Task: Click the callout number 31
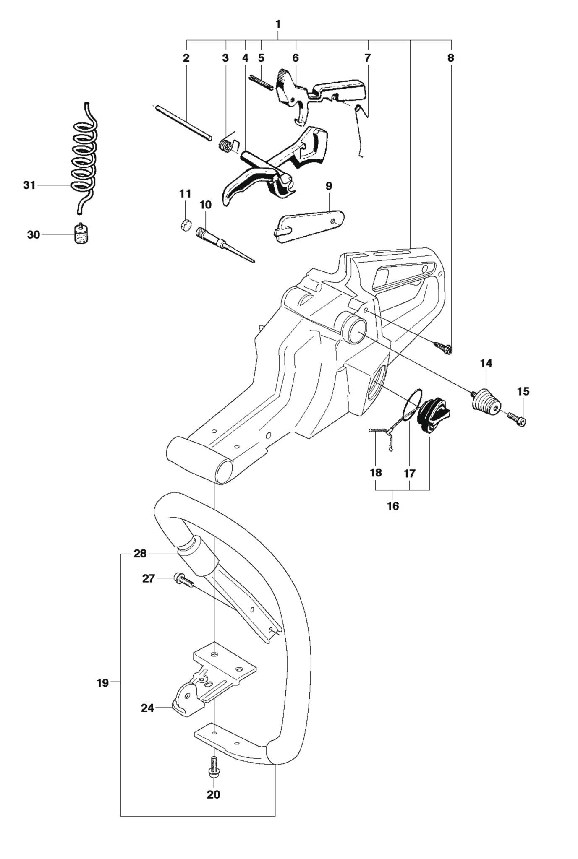click(x=29, y=185)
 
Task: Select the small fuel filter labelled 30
click(x=81, y=234)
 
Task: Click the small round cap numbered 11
click(x=186, y=224)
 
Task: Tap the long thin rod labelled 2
click(x=183, y=124)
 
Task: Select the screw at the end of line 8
click(x=443, y=347)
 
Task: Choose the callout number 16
click(x=392, y=506)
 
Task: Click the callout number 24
click(x=147, y=708)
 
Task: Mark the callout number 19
click(x=102, y=683)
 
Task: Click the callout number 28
click(x=140, y=554)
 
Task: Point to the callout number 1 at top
click(x=278, y=24)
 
